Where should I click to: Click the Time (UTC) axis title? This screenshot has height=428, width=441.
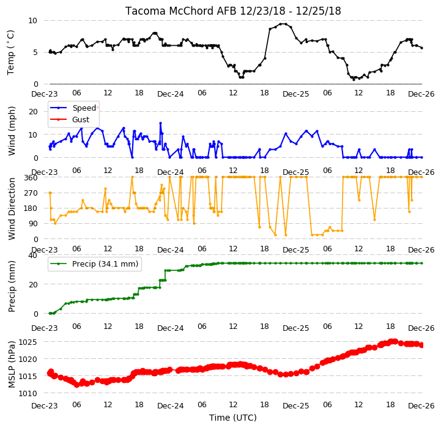[x=233, y=418]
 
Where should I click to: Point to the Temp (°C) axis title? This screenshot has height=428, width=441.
[x=10, y=53]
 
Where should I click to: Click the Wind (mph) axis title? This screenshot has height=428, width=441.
[x=12, y=131]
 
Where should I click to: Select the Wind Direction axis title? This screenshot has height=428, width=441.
[x=12, y=208]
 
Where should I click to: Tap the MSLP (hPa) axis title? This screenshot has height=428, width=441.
[x=12, y=364]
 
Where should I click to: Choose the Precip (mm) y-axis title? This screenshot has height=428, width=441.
[x=12, y=286]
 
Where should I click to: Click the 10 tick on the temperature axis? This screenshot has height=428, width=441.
[x=32, y=21]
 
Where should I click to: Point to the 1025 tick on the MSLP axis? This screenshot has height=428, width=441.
[x=28, y=342]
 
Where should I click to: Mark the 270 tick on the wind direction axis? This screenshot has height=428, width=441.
[x=31, y=193]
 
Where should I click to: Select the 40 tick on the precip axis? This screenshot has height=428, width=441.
[x=33, y=256]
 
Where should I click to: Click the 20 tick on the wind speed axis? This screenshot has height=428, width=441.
[x=33, y=112]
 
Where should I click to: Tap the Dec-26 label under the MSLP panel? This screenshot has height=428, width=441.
[x=421, y=405]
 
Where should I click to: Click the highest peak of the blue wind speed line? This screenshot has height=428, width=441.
[x=161, y=123]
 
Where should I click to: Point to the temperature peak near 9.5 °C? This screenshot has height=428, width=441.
[x=283, y=24]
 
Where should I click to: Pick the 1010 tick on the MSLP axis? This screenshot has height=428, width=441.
[x=28, y=393]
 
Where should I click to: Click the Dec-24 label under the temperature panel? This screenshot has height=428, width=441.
[x=171, y=94]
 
